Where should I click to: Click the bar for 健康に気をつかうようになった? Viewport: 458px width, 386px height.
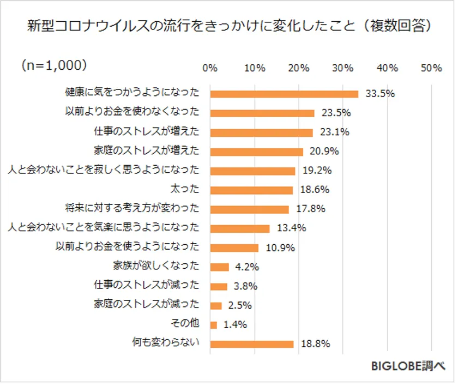point(284,94)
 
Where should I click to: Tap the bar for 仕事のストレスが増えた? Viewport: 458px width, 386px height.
point(261,132)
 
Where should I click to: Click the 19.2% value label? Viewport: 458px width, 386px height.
point(317,171)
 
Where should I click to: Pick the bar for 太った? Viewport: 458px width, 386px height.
point(251,190)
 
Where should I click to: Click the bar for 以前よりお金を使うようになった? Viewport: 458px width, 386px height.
point(234,248)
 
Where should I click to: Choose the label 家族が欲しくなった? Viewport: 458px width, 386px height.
point(155,267)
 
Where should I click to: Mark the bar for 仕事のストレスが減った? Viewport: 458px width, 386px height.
point(219,286)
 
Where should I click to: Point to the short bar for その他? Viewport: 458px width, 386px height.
point(214,324)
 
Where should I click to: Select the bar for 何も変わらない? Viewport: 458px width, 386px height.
point(252,344)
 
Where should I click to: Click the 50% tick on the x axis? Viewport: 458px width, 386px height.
point(431,68)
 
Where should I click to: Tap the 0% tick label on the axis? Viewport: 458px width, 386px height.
point(210,68)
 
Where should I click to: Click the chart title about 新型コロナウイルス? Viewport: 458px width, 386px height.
point(229,26)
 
